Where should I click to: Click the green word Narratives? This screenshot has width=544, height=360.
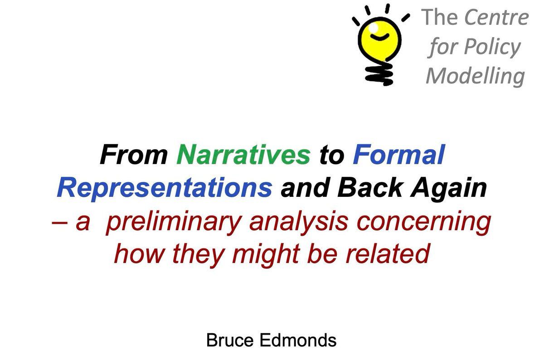click(243, 156)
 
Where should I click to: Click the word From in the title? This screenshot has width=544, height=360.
click(134, 156)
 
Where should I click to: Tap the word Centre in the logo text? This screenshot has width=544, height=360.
click(496, 18)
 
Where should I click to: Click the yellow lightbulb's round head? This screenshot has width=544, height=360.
click(379, 38)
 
